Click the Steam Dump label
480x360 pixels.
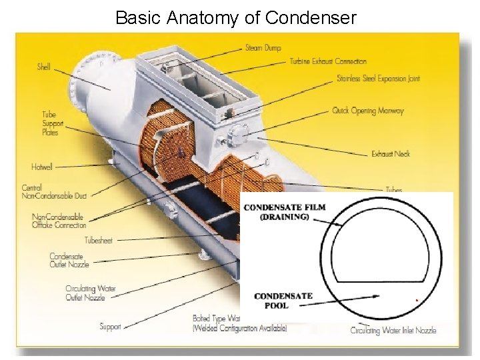click(263, 48)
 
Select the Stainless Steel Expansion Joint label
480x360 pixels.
click(378, 79)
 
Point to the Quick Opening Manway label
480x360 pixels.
click(368, 111)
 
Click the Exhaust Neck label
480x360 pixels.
click(391, 154)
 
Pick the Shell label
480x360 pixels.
click(44, 67)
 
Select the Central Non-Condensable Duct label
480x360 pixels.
click(54, 191)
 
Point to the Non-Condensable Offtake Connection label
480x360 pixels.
click(59, 221)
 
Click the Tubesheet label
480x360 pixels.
click(99, 240)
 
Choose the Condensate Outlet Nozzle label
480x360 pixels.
click(69, 260)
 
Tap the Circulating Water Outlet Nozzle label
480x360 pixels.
click(90, 293)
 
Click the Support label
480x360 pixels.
click(110, 327)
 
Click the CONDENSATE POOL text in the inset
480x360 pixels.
click(283, 300)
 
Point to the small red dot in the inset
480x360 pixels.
click(417, 301)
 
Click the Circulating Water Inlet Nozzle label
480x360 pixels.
click(394, 330)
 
